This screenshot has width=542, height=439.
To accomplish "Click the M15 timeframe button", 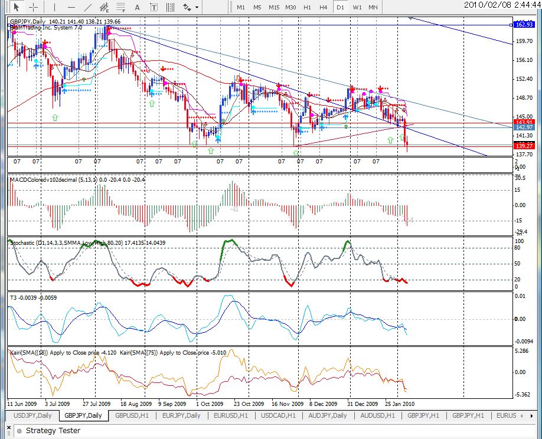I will click(274, 7).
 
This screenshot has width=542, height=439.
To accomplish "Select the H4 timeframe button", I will click(324, 7).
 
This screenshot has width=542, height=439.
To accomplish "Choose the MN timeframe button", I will click(373, 7).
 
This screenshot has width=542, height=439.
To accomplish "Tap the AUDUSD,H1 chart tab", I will click(378, 415).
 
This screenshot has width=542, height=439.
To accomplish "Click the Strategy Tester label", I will click(53, 431).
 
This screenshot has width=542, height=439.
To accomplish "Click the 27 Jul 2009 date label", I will click(96, 404).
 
